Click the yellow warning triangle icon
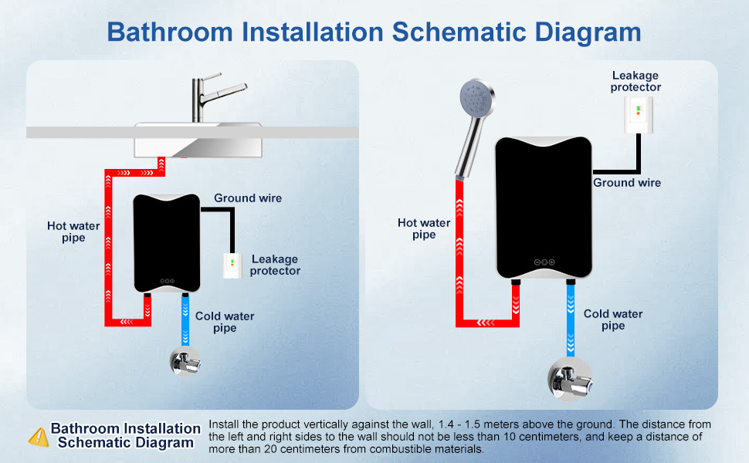(38, 437)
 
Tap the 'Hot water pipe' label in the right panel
(424, 229)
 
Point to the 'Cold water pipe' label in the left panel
(225, 322)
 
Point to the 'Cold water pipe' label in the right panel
(613, 319)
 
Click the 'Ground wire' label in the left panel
(248, 198)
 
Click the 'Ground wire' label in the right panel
(627, 183)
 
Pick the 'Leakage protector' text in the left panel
(275, 265)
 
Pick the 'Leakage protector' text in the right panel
(635, 81)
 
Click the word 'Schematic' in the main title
(466, 32)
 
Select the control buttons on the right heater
(544, 262)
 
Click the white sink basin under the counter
(185, 142)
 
